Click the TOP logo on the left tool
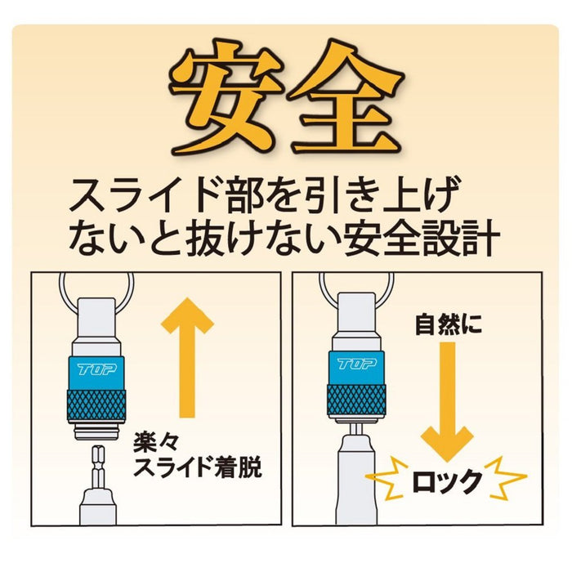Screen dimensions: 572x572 pos(97,369)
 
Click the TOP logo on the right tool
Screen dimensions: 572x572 pos(358,361)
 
